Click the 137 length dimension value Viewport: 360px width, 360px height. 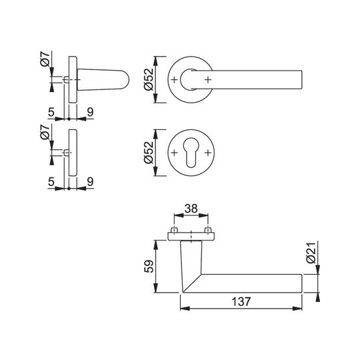241,301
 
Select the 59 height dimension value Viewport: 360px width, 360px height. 149,266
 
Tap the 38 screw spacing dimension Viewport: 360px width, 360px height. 191,209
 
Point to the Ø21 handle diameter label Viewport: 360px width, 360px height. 312,253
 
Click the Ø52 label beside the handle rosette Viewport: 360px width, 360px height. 149,79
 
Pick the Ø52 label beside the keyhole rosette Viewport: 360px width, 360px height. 149,153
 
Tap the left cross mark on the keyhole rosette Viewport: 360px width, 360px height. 174,153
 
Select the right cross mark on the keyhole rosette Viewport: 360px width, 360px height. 208,153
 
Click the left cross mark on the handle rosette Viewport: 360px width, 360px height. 174,80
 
